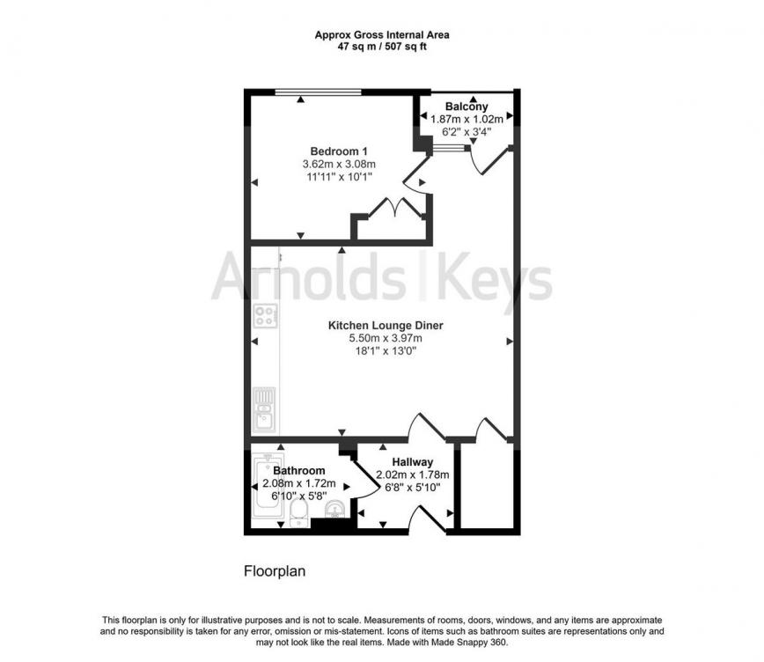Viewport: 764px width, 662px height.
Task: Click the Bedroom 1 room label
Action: click(x=339, y=151)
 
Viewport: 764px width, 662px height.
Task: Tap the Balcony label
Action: click(x=466, y=107)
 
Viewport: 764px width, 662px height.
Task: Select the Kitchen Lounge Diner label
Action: click(x=386, y=325)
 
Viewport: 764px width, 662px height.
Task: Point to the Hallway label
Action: click(x=412, y=461)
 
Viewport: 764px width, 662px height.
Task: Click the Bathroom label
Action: click(x=298, y=470)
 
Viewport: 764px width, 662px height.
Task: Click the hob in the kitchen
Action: click(x=266, y=316)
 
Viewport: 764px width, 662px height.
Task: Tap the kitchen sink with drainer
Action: click(x=264, y=410)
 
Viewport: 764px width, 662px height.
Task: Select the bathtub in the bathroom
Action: click(x=268, y=488)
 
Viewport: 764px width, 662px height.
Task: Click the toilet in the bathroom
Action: click(x=298, y=514)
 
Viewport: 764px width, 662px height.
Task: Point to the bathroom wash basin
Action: click(x=335, y=510)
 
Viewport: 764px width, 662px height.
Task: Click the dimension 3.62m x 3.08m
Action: click(x=339, y=164)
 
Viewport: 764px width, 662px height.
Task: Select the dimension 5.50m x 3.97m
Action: click(x=386, y=338)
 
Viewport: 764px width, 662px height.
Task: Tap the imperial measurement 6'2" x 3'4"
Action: click(x=466, y=132)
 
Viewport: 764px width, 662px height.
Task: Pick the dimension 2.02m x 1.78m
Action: click(x=412, y=474)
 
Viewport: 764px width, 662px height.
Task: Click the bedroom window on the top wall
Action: click(x=318, y=92)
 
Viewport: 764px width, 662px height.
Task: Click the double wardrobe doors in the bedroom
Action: click(x=396, y=207)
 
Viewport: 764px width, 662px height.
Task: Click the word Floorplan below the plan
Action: click(x=275, y=570)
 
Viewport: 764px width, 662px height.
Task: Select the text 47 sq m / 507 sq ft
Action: click(x=382, y=47)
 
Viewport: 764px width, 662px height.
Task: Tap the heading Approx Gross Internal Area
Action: click(x=382, y=34)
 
